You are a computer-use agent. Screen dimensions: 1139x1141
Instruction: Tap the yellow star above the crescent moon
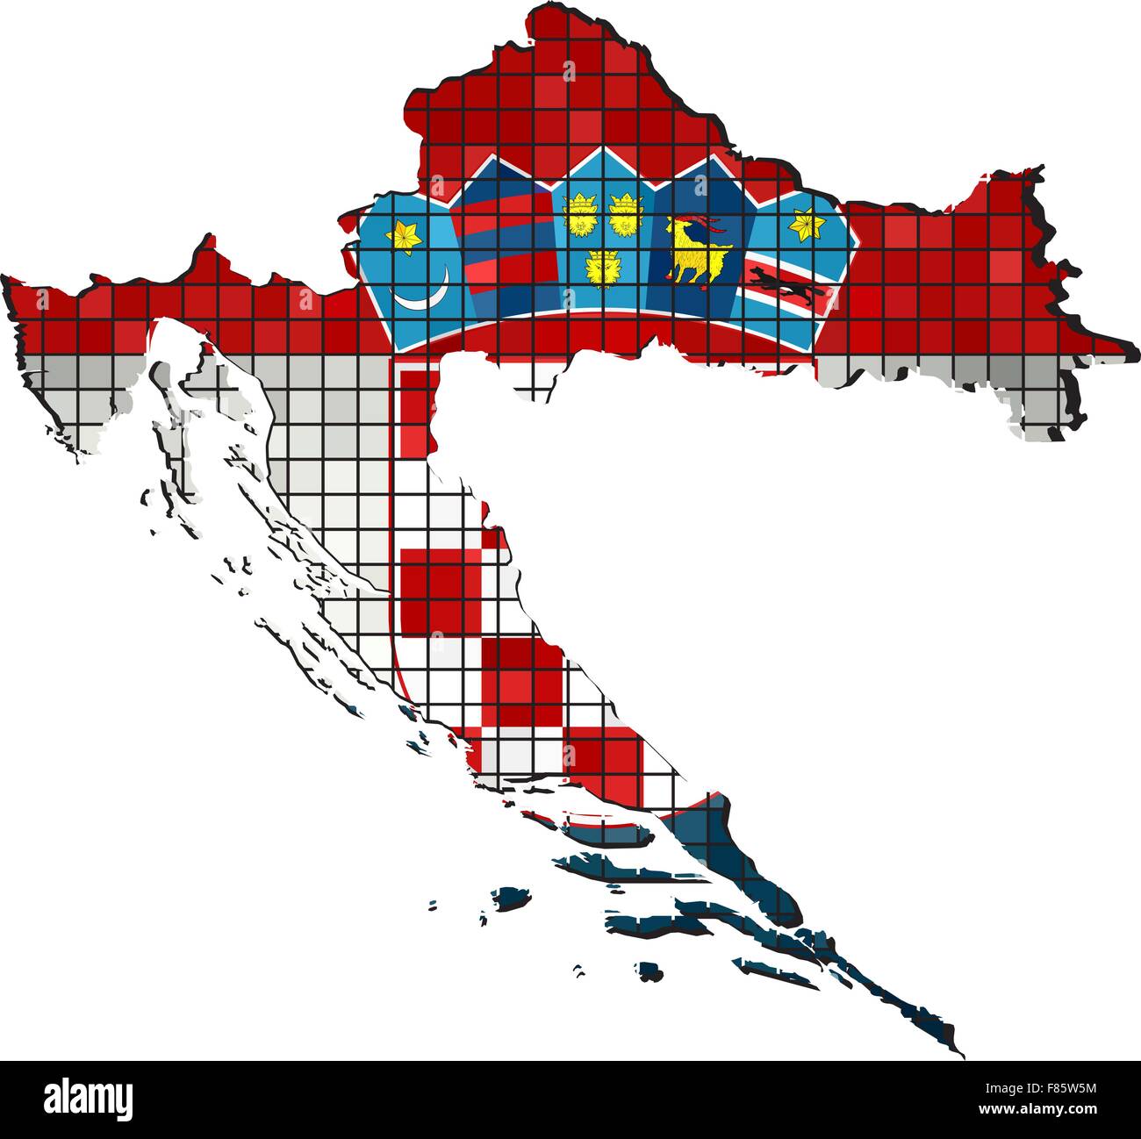pyautogui.click(x=407, y=236)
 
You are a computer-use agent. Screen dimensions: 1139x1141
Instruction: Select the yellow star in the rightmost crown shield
pyautogui.click(x=804, y=226)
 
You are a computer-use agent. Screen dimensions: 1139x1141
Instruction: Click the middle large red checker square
pyautogui.click(x=523, y=678)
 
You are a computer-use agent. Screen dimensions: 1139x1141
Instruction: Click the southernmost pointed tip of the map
pyautogui.click(x=963, y=1052)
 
